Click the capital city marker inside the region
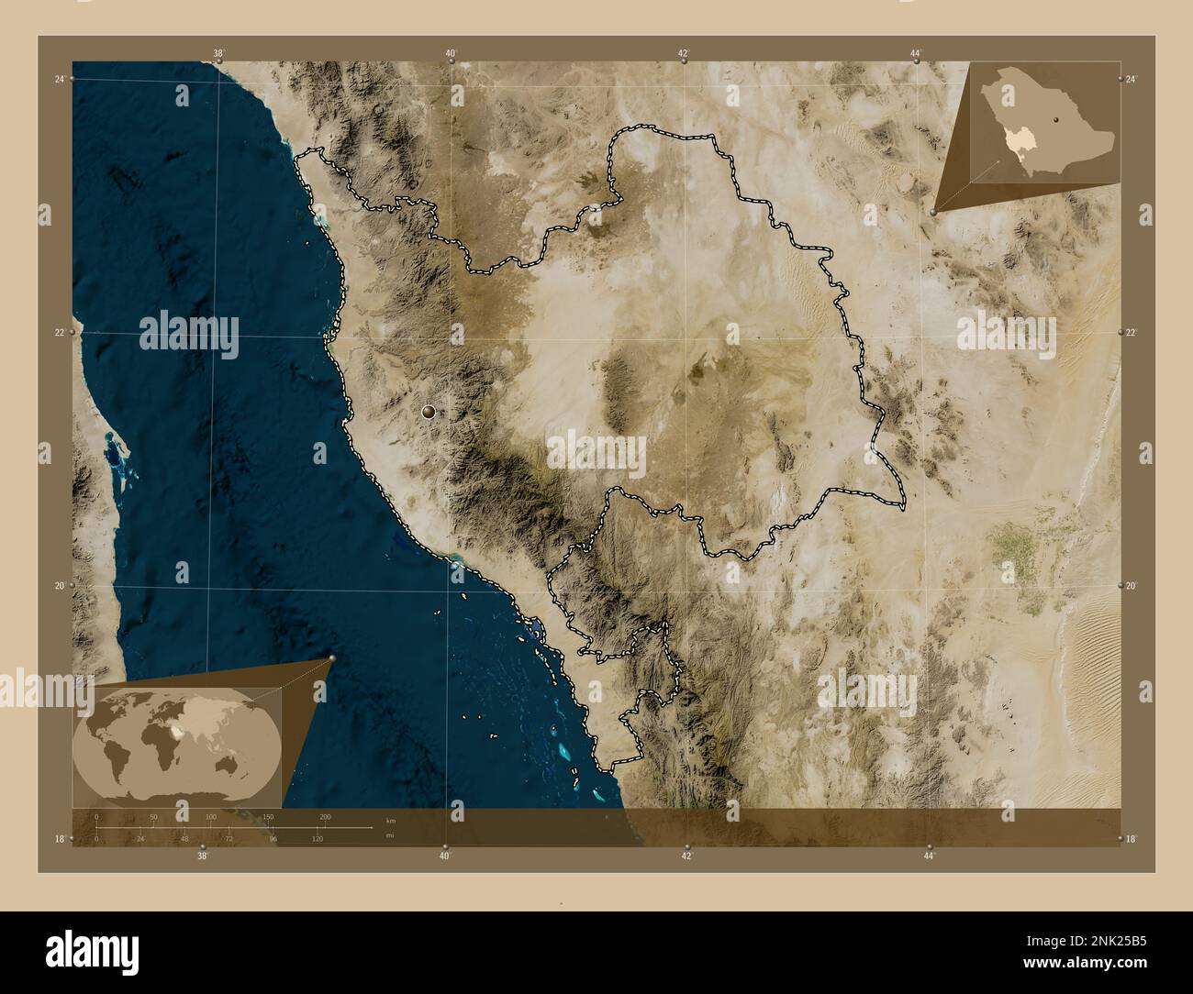pos(429,413)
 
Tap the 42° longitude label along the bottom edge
pos(686,856)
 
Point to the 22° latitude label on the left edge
pos(59,333)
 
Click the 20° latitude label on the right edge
pos(1132,586)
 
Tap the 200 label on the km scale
pos(325,816)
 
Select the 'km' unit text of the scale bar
pos(391,820)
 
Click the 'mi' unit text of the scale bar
pos(390,835)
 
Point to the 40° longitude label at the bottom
pos(444,856)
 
